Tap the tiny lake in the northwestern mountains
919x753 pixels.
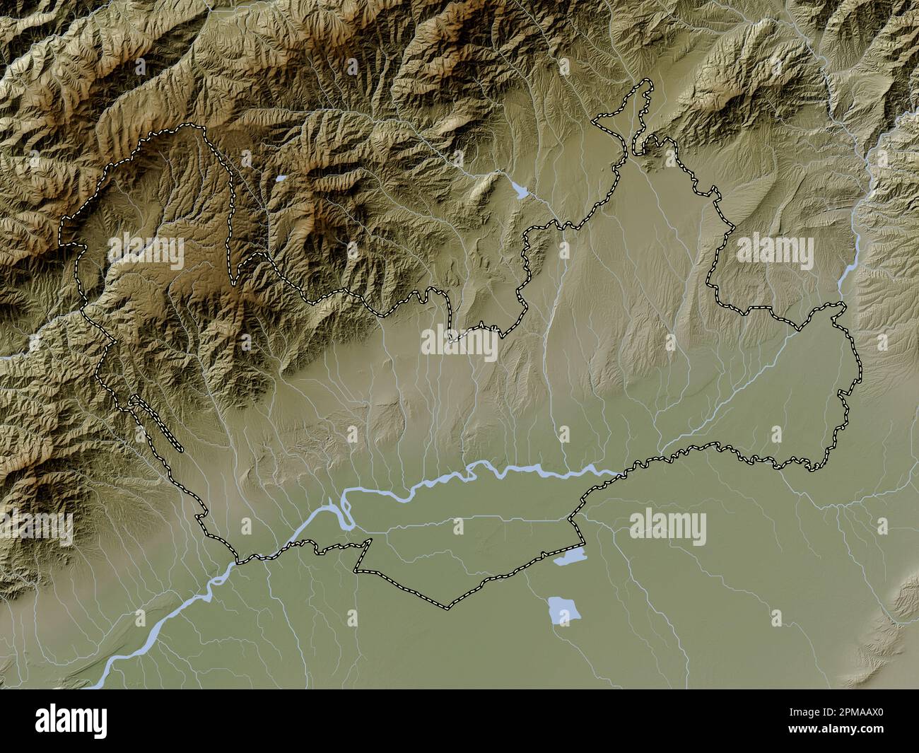(x=280, y=179)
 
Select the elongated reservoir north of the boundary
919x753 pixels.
(x=520, y=189)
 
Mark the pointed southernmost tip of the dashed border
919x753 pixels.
(x=446, y=607)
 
